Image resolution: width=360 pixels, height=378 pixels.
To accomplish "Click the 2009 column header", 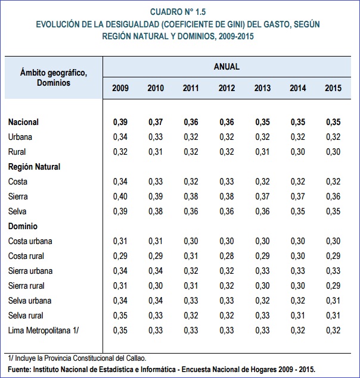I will click(x=120, y=88).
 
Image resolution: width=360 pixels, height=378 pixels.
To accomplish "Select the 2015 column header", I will click(x=333, y=88).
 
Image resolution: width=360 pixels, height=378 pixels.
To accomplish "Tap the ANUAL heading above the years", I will click(x=226, y=67).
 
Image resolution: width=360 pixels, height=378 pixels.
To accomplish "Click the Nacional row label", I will click(x=24, y=122).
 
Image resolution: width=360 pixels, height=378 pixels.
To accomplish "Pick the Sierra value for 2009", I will click(x=120, y=196).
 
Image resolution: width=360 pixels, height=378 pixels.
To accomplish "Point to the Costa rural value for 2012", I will click(x=226, y=256).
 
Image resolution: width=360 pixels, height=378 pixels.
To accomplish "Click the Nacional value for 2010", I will click(x=156, y=122).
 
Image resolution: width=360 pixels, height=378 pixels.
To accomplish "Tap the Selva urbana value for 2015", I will click(x=333, y=301).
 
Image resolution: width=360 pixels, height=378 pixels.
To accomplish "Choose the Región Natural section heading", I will click(x=35, y=167).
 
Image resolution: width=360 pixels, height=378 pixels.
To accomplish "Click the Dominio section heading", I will click(x=23, y=226).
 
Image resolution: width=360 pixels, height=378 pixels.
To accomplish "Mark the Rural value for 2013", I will click(x=262, y=152).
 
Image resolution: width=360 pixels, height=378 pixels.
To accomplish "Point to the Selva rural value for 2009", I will click(x=120, y=315).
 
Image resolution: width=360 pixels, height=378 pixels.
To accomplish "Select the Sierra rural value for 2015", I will click(x=333, y=286).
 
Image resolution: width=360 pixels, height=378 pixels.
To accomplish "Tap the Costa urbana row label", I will click(x=30, y=241).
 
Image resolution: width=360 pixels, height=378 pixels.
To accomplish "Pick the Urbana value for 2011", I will click(x=191, y=137).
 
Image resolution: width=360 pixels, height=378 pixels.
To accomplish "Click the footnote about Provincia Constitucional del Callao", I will click(x=77, y=358).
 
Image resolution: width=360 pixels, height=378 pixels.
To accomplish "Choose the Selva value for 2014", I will click(x=298, y=211).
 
